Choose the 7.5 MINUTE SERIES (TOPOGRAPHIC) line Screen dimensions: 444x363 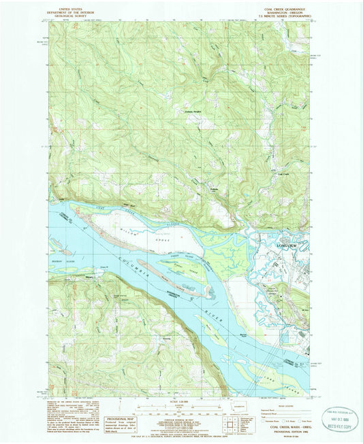click(x=281, y=17)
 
